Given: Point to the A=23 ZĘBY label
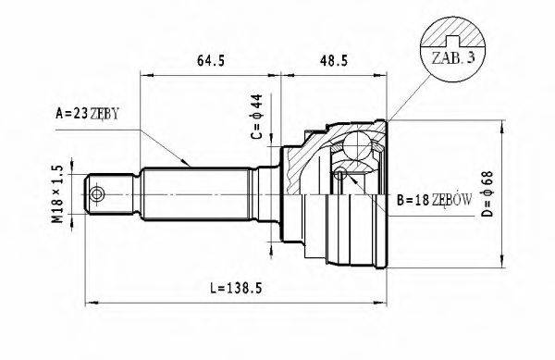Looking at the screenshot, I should click(89, 115).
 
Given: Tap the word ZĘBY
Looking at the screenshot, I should click(105, 115).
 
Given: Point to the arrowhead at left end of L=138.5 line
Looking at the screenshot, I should click(89, 301).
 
